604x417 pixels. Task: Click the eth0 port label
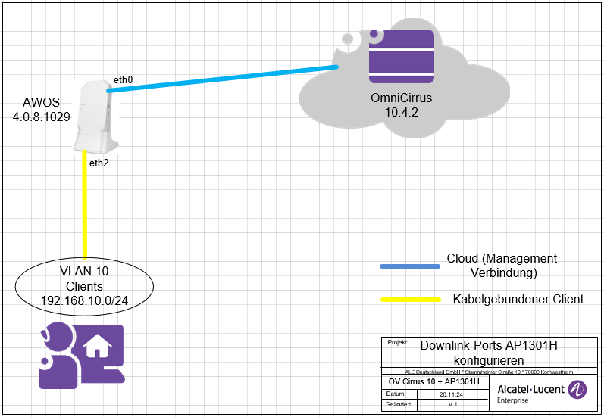click(x=123, y=79)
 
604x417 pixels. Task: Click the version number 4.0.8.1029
click(x=42, y=117)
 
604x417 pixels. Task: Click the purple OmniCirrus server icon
click(x=401, y=57)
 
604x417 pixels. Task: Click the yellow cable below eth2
click(x=86, y=212)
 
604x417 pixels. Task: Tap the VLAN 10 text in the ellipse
click(x=84, y=272)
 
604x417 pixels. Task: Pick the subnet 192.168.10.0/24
click(x=84, y=300)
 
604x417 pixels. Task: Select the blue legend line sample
click(x=410, y=266)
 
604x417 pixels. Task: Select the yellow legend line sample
click(x=410, y=300)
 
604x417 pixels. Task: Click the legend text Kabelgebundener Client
click(x=518, y=299)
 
